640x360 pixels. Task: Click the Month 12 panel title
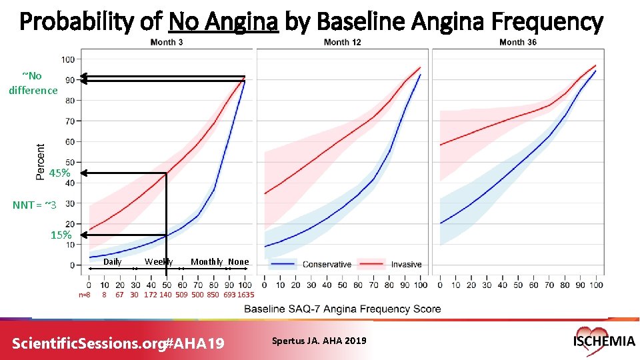point(342,42)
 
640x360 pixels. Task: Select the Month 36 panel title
point(518,42)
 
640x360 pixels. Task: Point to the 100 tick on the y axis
point(68,59)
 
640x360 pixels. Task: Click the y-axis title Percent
point(41,161)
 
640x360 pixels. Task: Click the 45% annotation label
point(59,173)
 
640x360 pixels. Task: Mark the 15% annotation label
point(61,235)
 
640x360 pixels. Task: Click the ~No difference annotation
point(33,83)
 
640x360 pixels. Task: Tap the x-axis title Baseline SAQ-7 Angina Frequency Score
point(343,309)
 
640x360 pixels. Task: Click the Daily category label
point(112,261)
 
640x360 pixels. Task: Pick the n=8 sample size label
point(85,295)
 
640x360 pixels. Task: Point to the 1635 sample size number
point(245,295)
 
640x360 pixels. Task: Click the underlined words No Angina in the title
point(223,23)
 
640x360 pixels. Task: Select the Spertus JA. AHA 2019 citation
point(319,341)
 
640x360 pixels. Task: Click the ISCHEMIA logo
point(603,340)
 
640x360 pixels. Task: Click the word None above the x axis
point(238,261)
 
